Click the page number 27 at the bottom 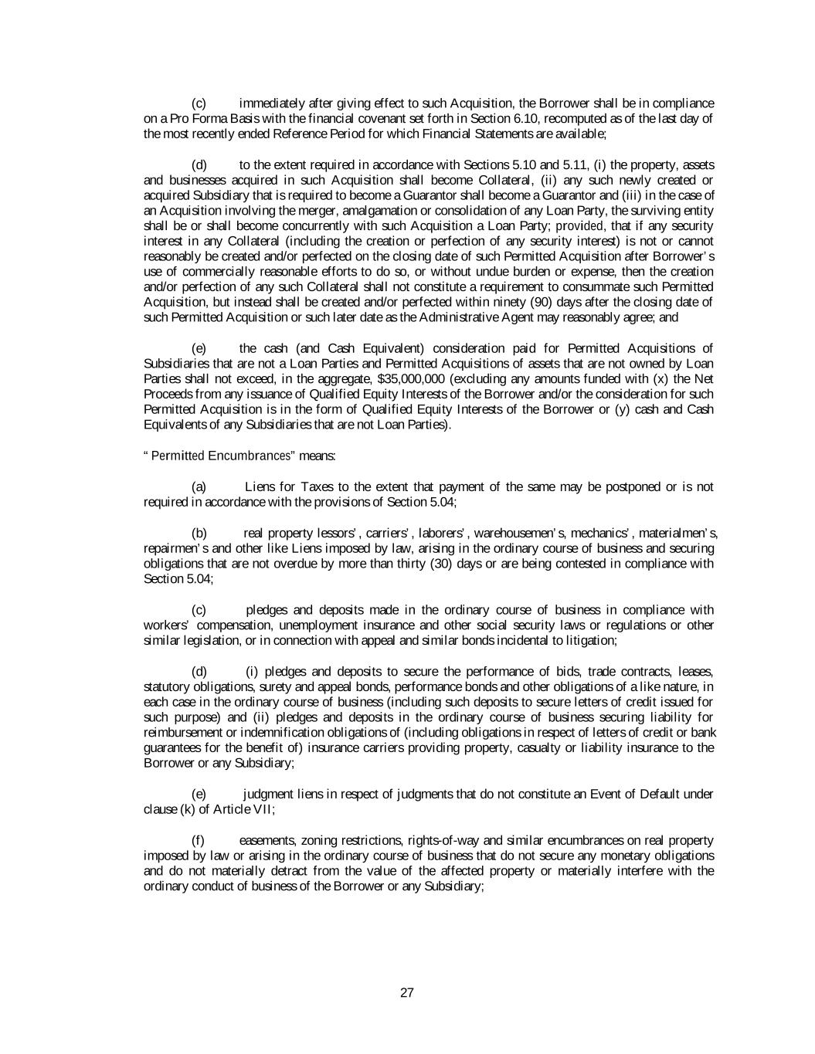[x=407, y=993]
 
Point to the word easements [x=267, y=840]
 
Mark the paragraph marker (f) [x=199, y=840]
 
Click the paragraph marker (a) [x=199, y=486]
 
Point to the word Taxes [x=317, y=486]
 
